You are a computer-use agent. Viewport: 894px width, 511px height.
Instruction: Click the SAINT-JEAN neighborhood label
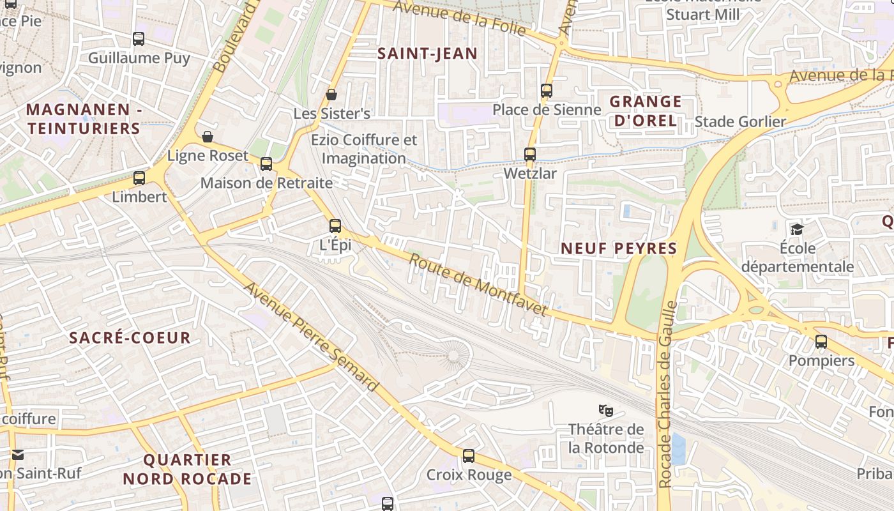coord(427,54)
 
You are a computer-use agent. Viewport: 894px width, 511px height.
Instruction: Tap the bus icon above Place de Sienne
coord(547,91)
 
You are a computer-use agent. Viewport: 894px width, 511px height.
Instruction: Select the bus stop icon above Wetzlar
coord(530,155)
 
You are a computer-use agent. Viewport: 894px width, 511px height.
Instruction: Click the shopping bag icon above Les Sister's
coord(331,95)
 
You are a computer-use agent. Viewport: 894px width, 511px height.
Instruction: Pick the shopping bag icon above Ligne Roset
coord(208,137)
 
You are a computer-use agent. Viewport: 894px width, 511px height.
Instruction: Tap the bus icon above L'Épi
coord(335,226)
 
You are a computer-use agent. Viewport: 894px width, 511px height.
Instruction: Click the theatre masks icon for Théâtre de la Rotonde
coord(605,409)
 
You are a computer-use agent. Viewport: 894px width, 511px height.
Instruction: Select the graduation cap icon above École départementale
coord(797,229)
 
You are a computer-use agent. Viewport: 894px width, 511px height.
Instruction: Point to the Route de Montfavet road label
coord(478,285)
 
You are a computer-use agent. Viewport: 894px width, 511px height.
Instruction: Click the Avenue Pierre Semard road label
coord(311,337)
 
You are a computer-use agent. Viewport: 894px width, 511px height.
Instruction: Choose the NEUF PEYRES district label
coord(618,248)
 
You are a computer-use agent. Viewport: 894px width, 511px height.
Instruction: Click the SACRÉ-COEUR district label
coord(130,338)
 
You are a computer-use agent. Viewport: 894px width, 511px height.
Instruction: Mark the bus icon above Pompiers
coord(821,342)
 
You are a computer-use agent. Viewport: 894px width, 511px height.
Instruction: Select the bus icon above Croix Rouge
coord(469,456)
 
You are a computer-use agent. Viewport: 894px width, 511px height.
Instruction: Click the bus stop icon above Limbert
coord(139,178)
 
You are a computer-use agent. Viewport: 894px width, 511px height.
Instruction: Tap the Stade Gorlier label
coord(740,121)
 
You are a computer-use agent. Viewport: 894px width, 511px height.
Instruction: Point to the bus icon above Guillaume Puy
coord(139,39)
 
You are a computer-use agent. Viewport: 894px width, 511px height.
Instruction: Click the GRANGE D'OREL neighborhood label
coord(645,111)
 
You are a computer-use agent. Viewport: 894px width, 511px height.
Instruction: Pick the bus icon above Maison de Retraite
coord(266,164)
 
